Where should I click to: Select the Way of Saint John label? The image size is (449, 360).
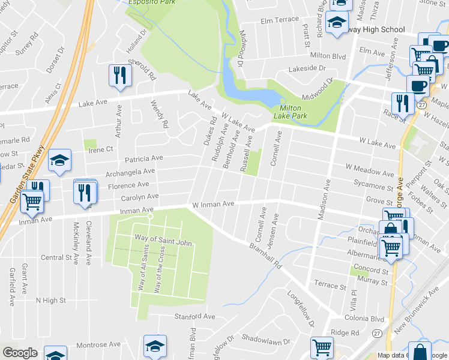click(163, 242)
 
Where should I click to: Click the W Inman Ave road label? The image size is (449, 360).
click(212, 205)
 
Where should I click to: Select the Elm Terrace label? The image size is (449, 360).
click(279, 20)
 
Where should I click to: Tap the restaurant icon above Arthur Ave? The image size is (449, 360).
click(119, 75)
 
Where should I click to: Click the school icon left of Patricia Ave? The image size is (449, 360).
click(59, 160)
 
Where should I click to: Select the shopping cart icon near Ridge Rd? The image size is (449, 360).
click(322, 347)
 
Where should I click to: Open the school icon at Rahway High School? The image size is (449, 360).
click(337, 23)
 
